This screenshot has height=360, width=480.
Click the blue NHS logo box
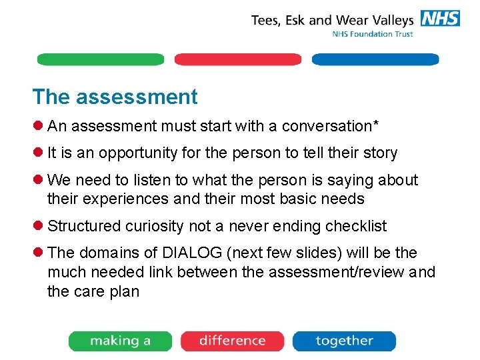(439, 19)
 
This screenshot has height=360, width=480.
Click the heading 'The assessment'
(115, 97)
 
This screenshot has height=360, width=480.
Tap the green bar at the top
(100, 59)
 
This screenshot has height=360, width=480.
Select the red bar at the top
(238, 59)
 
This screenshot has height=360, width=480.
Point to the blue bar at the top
(375, 59)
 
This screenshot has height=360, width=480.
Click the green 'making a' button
(120, 341)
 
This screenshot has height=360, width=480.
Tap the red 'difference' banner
(232, 341)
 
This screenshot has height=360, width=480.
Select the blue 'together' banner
(344, 341)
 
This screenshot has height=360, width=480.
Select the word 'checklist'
(355, 226)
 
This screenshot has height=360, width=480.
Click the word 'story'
(381, 153)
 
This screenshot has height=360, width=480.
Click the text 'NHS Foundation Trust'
(373, 34)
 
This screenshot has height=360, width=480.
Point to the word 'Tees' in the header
(265, 20)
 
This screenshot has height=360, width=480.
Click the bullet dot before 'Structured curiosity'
(39, 226)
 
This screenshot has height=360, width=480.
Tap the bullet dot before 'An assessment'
(39, 126)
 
